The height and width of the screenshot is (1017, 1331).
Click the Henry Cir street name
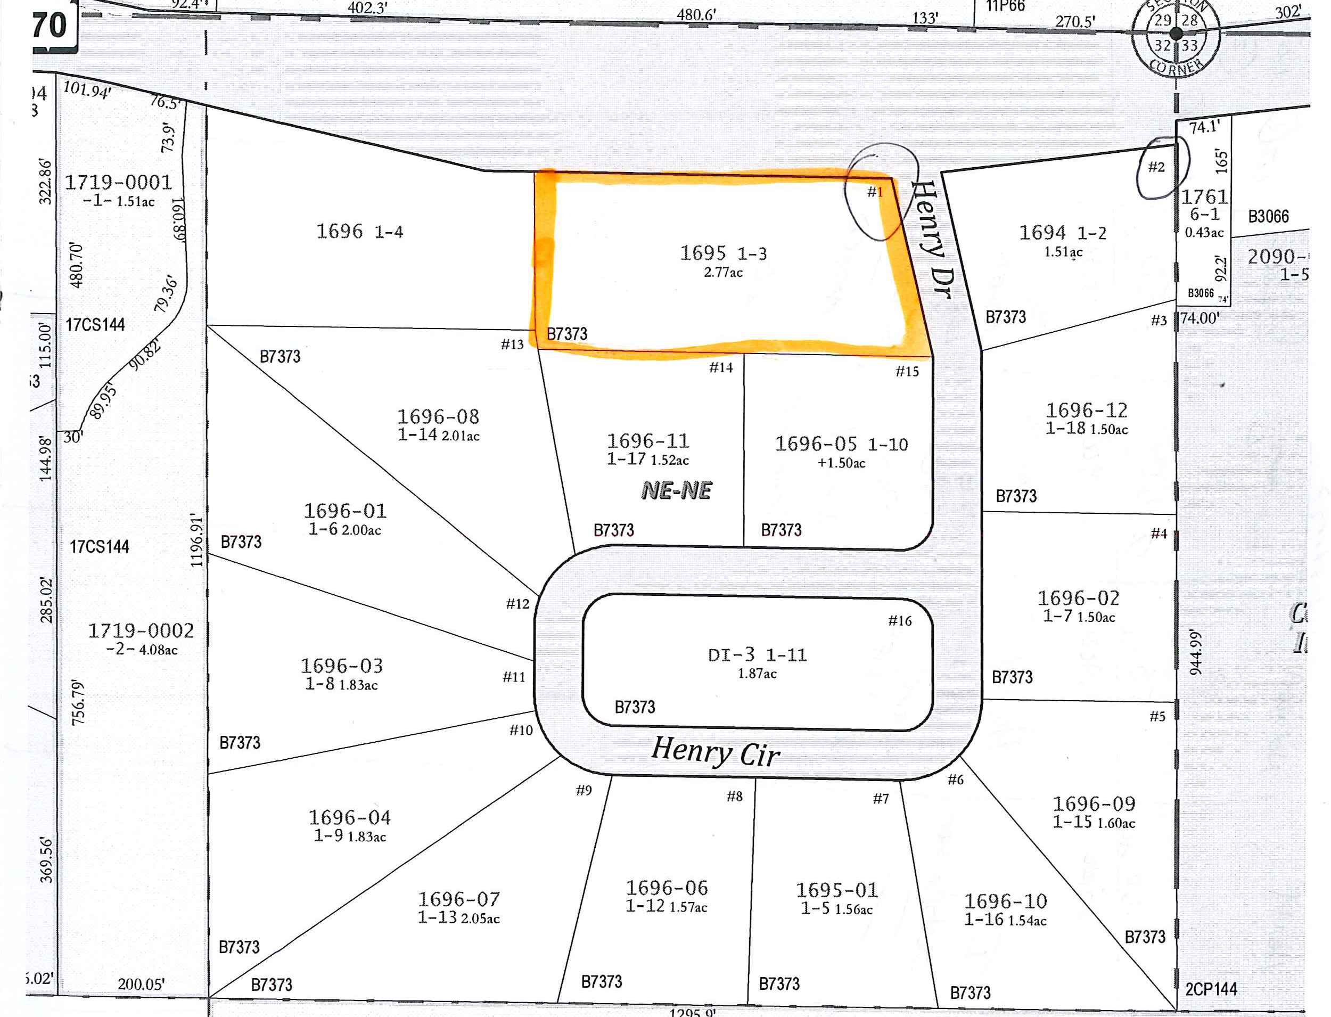pyautogui.click(x=716, y=752)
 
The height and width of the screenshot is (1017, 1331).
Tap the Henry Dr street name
pyautogui.click(x=933, y=239)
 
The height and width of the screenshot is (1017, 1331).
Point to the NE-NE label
pyautogui.click(x=676, y=490)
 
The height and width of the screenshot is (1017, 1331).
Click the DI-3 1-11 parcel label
pyautogui.click(x=757, y=655)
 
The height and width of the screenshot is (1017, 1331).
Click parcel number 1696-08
pyautogui.click(x=438, y=416)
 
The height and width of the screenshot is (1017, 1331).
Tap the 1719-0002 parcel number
pyautogui.click(x=141, y=631)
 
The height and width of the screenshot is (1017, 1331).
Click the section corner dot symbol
pyautogui.click(x=1176, y=34)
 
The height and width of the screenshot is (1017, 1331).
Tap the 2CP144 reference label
pyautogui.click(x=1211, y=989)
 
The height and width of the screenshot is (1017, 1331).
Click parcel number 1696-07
pyautogui.click(x=459, y=899)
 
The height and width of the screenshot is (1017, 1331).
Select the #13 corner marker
pyautogui.click(x=512, y=345)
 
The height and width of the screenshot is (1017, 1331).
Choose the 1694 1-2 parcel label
pyautogui.click(x=1062, y=233)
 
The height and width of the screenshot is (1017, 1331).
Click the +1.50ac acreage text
pyautogui.click(x=841, y=463)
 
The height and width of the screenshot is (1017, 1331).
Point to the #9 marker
pyautogui.click(x=584, y=790)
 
